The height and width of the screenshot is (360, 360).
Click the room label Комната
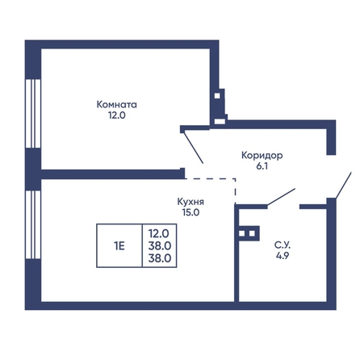pos(117,104)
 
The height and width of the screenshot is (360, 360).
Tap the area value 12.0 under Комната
pos(117,115)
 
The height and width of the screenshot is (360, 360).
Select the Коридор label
pos(262,156)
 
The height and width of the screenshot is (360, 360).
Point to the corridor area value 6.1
pos(262,166)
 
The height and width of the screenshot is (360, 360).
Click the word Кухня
pos(190,202)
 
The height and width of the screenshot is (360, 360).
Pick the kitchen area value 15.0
pos(190,212)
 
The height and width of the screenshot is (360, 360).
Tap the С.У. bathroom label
pos(283,245)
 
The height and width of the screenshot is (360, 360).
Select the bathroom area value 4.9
pos(283,256)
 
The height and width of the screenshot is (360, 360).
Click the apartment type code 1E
pos(119,245)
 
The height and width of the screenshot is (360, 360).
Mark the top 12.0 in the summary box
pos(159,233)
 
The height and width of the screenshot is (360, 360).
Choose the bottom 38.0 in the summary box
pos(160,258)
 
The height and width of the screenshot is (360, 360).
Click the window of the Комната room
pos(33,113)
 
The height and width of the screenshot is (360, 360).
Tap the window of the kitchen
pos(33,224)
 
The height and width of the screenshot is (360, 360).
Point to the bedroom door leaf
pos(193,148)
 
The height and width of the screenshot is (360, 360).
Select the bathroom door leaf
pos(281,197)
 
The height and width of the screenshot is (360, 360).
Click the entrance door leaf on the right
pos(343,186)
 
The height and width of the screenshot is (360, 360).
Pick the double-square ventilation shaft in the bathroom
pos(247,233)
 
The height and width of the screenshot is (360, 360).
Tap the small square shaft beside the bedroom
pos(217,95)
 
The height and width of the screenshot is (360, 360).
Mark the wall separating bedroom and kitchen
pos(113,174)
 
